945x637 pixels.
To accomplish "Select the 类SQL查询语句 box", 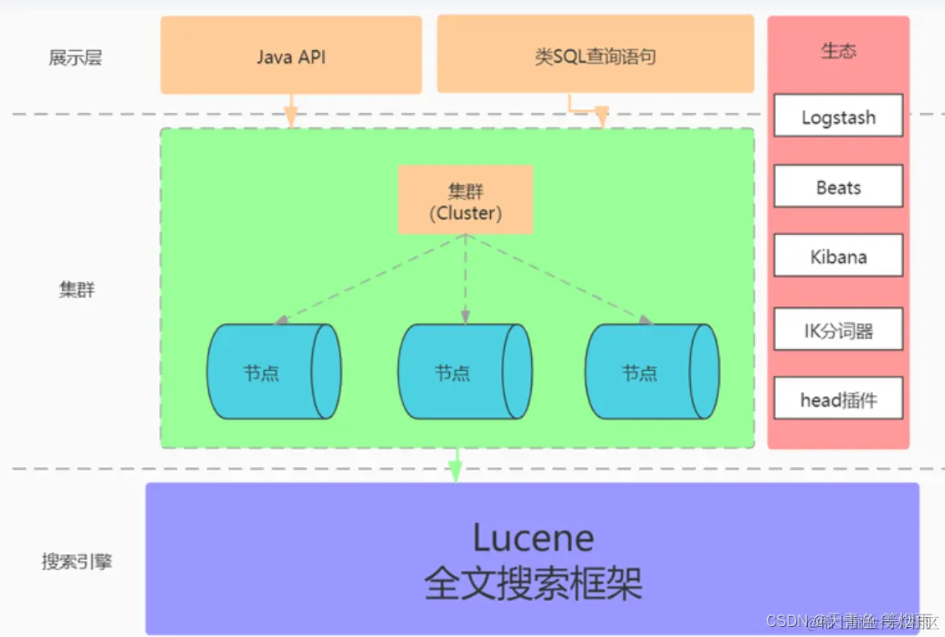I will coord(595,55).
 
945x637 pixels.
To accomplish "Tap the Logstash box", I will coord(838,116).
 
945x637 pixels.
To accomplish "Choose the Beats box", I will coord(838,187).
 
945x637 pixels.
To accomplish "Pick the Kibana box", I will coord(838,256).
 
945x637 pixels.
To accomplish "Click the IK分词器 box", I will coord(838,330).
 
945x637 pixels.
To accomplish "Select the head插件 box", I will coord(838,399).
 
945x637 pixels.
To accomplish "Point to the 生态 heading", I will coord(838,50).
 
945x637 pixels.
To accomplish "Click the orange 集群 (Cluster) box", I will coord(465,200).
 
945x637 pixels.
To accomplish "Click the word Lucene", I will coord(533,537).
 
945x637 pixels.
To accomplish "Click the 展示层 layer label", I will coord(75,58).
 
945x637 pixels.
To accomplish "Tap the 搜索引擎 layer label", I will coord(77,561).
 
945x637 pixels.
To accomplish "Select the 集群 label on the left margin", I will coord(76,290).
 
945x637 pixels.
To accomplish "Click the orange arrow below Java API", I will coord(291,110).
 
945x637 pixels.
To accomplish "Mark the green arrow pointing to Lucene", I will coord(455,465).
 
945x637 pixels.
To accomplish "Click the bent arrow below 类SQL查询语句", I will coord(589,111).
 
